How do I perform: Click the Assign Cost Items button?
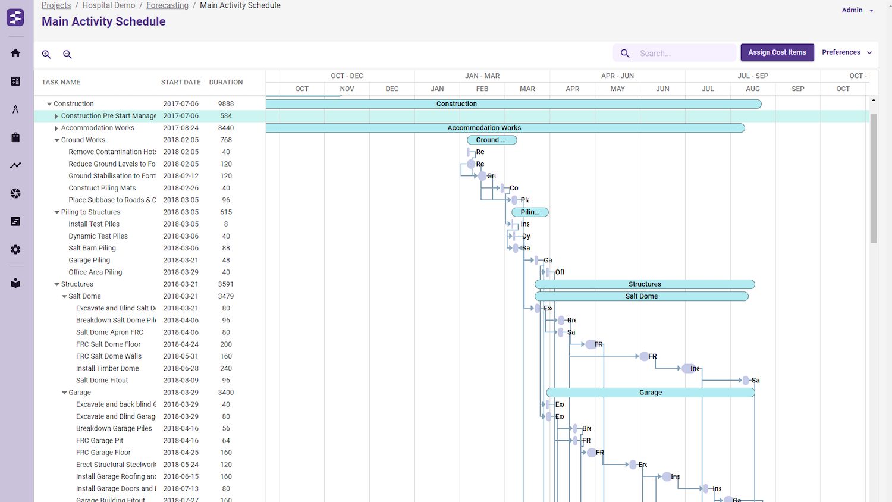tap(777, 52)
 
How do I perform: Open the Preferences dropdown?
tap(846, 52)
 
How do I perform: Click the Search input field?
tap(684, 53)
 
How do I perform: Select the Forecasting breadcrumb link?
tap(167, 5)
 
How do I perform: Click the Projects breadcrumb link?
tap(56, 5)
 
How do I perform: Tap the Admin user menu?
tap(857, 10)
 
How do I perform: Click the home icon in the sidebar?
tap(15, 53)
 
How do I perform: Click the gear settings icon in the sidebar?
tap(15, 250)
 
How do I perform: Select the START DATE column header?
tap(181, 82)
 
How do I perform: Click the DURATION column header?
tap(226, 82)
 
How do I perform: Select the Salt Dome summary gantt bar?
tap(641, 296)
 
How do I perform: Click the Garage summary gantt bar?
tap(650, 393)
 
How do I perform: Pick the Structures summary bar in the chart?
tap(645, 284)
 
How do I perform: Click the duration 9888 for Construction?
tap(226, 103)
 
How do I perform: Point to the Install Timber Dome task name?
tap(108, 368)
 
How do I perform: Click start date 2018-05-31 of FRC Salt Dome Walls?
tap(181, 356)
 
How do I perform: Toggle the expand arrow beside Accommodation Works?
tap(56, 128)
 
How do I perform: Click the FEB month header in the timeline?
tap(482, 89)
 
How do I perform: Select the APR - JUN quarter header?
tap(617, 76)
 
